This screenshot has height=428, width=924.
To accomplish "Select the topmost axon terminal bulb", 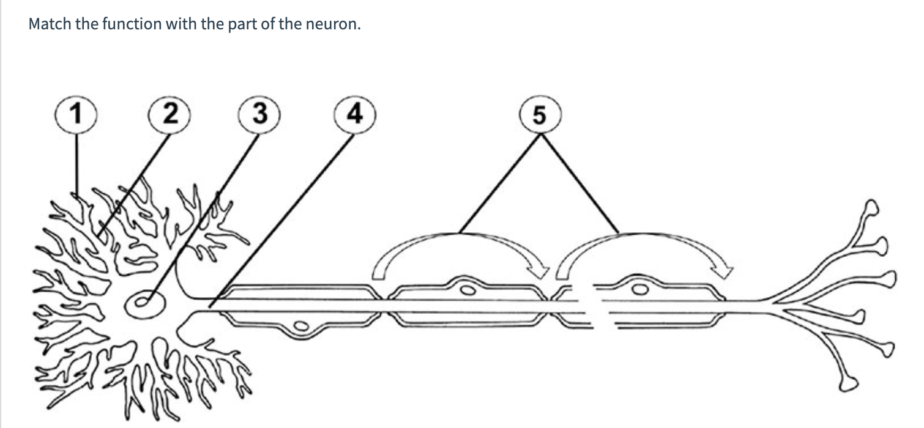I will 871,210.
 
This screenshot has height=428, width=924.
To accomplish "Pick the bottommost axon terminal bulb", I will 849,384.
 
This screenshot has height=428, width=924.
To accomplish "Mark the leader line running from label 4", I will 281,220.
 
